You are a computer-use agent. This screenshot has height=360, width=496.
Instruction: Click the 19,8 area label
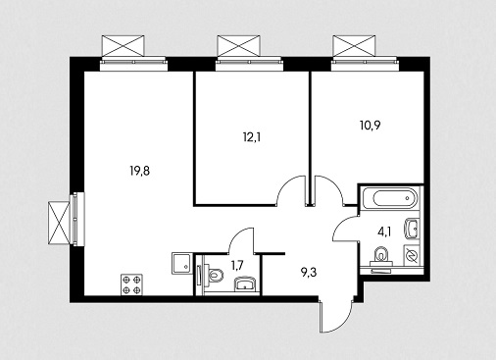140,171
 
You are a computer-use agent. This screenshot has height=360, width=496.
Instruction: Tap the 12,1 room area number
252,137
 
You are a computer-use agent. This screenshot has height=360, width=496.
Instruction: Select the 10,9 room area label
370,126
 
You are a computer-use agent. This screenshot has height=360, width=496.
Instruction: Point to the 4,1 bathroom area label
384,232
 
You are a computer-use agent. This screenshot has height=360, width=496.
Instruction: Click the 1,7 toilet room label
237,265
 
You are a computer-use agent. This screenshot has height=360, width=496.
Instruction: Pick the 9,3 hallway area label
309,272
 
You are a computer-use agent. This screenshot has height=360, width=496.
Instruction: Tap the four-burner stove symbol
131,284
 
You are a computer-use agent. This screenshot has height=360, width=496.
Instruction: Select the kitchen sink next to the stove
181,264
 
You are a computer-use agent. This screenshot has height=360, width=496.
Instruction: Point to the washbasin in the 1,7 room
245,283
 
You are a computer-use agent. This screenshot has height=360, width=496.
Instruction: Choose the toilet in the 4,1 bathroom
380,256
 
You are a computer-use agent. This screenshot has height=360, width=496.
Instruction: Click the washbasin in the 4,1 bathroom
411,230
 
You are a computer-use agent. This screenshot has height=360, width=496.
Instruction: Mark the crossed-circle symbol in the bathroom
412,255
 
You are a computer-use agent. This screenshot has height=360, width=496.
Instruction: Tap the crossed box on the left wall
59,223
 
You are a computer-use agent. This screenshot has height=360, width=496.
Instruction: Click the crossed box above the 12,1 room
239,46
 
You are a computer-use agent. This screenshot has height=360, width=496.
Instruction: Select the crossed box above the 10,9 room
354,46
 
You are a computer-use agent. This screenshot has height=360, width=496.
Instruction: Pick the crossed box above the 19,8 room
123,46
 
